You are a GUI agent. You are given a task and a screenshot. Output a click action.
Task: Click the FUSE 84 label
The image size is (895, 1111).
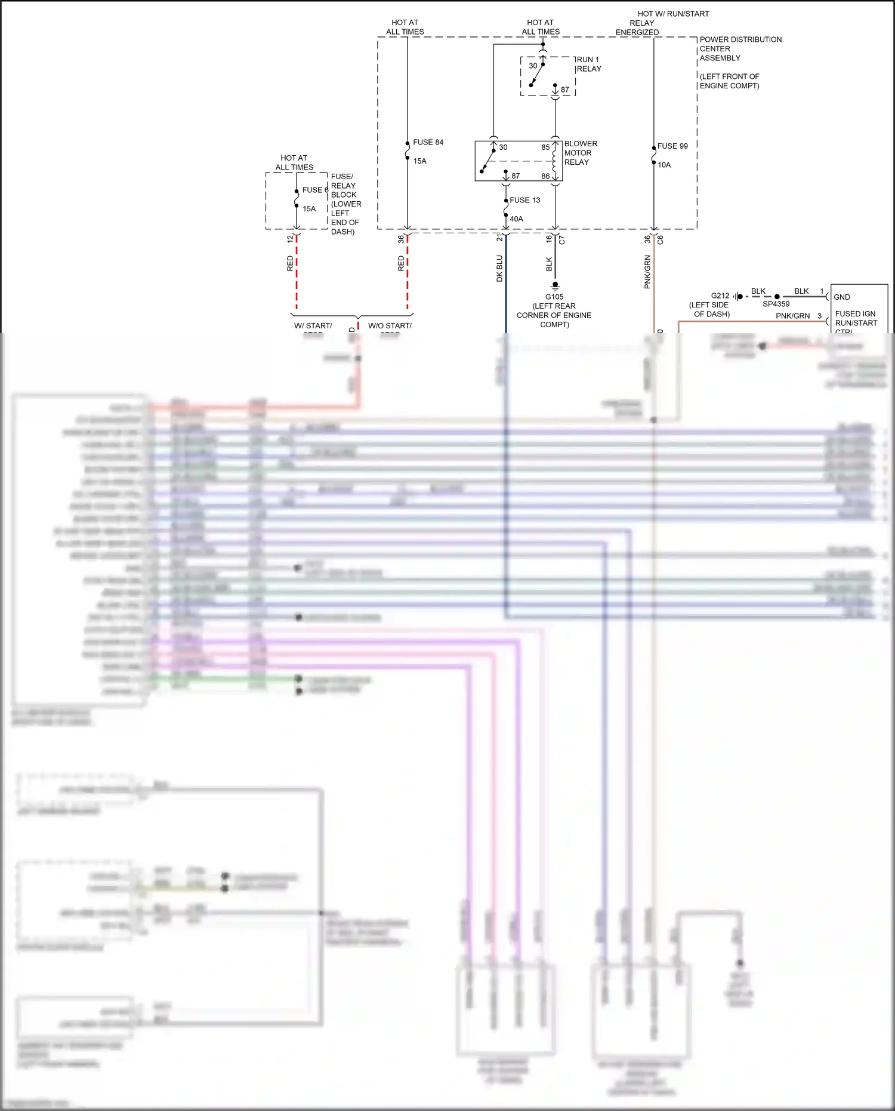(428, 142)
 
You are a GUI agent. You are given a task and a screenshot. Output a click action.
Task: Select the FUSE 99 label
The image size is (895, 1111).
(672, 146)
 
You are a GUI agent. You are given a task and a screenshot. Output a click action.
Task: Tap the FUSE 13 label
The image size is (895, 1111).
(524, 200)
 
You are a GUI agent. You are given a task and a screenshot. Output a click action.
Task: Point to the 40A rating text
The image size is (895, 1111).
(516, 219)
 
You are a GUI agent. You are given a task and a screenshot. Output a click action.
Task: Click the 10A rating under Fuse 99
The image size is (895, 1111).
(664, 165)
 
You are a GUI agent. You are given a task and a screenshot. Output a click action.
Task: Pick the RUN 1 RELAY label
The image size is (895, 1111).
(588, 64)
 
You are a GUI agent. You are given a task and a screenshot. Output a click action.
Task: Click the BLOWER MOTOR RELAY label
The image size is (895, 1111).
(580, 153)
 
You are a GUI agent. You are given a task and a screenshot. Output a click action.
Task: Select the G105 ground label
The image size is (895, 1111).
(554, 297)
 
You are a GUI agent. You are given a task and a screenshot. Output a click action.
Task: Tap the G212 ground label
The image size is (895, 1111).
(720, 296)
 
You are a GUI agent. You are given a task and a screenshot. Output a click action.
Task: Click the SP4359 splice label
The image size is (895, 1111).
(776, 304)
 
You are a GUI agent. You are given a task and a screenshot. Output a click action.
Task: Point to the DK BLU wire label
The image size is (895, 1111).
(500, 269)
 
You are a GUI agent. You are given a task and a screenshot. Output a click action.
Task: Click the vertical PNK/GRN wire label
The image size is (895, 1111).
(647, 272)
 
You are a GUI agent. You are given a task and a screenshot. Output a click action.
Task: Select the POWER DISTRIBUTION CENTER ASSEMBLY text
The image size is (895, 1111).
(740, 48)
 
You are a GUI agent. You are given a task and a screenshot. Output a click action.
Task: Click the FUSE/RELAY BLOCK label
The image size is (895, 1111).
(344, 186)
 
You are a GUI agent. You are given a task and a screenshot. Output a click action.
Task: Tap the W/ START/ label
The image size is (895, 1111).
(313, 326)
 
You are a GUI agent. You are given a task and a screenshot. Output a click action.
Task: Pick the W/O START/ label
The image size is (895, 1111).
(390, 326)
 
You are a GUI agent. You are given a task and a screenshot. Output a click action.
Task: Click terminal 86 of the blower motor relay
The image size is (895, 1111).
(545, 176)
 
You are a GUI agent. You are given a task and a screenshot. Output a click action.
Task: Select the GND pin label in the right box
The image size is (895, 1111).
(842, 297)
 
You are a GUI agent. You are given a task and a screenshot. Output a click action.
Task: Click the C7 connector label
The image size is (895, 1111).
(561, 239)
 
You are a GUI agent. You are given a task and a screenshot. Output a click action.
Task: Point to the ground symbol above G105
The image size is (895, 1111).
(555, 285)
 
